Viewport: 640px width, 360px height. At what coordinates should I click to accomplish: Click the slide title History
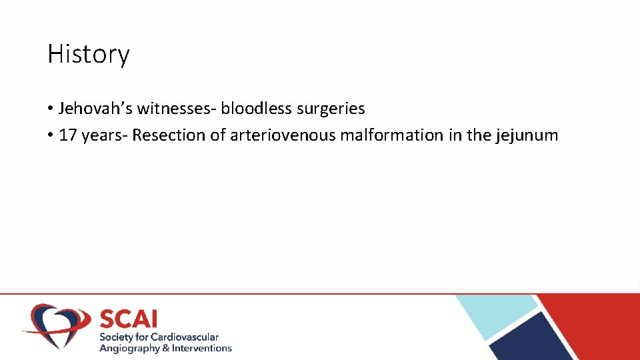[x=88, y=54]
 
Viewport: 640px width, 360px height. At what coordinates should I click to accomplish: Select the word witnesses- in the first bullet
[x=177, y=108]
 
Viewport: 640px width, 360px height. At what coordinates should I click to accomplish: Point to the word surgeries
[x=331, y=109]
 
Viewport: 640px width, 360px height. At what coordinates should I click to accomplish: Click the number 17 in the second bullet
[x=68, y=135]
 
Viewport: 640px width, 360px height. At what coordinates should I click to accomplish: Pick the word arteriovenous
[x=283, y=135]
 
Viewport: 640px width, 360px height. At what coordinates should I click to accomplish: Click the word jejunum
[x=527, y=136]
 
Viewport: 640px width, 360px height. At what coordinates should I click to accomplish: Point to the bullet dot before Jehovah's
[x=51, y=109]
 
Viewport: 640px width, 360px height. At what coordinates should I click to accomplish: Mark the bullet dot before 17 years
[x=51, y=136]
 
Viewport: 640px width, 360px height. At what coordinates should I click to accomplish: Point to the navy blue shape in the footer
[x=533, y=340]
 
